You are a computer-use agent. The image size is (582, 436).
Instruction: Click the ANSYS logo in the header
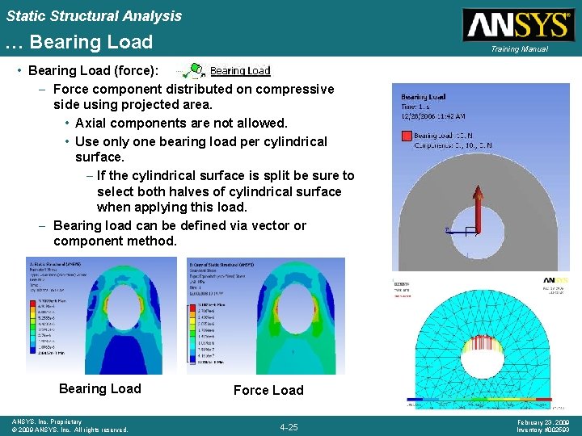click(x=517, y=25)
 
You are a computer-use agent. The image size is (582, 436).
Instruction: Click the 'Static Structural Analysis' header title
click(x=94, y=15)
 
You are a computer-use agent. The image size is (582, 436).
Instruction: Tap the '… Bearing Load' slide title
click(x=79, y=41)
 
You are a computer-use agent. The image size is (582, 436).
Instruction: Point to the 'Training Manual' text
click(x=518, y=49)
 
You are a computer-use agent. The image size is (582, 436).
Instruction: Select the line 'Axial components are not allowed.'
click(x=180, y=123)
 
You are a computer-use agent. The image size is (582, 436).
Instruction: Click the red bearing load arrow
click(x=478, y=211)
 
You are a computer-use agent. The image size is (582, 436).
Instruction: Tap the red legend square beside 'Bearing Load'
click(x=407, y=136)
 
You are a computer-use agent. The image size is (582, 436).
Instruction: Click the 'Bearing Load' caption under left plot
click(x=99, y=388)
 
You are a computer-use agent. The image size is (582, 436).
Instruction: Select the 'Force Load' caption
click(x=268, y=390)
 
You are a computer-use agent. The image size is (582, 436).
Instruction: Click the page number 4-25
click(x=288, y=426)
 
